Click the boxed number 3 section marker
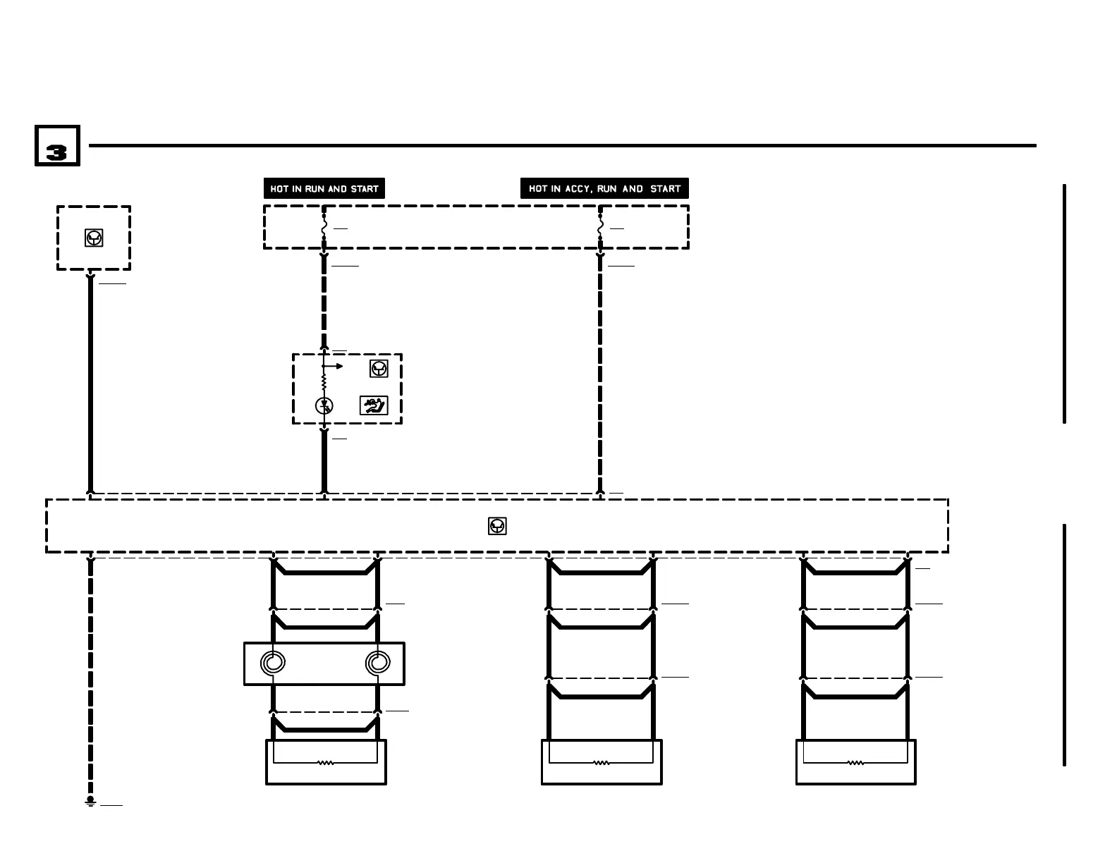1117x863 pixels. tap(57, 146)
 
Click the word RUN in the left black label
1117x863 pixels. tap(315, 189)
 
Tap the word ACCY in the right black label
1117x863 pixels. tap(577, 189)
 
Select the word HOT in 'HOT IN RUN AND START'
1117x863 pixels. tap(279, 189)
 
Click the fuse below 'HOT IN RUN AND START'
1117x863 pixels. tap(324, 228)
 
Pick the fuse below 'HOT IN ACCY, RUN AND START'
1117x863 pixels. tap(601, 228)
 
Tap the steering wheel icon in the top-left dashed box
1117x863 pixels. tap(94, 238)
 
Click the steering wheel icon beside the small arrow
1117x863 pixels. tap(379, 368)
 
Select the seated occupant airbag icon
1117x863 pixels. tap(374, 405)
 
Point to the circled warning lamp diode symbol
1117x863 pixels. tap(324, 405)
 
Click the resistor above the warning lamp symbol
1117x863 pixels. tap(324, 381)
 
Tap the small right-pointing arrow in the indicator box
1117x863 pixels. tap(338, 366)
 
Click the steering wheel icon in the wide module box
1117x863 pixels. tap(497, 526)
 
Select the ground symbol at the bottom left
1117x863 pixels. tap(90, 802)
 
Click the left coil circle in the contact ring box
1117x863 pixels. tap(273, 663)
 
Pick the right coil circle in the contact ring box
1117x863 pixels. tap(377, 663)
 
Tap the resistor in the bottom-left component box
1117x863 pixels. tap(325, 762)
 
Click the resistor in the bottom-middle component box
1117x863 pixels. tap(601, 762)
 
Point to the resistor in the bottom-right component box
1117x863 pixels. tap(855, 762)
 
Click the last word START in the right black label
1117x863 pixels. tap(665, 189)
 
